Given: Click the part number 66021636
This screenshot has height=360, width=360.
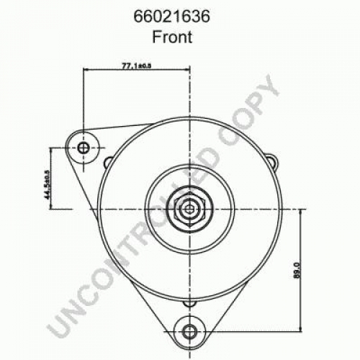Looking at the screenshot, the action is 172,17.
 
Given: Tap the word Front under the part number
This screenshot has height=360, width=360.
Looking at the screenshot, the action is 172,37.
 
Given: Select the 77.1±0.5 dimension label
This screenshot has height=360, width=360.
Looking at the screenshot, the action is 137,66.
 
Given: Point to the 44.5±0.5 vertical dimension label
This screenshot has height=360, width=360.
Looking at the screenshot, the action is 47,185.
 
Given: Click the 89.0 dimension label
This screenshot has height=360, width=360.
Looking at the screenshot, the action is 297,270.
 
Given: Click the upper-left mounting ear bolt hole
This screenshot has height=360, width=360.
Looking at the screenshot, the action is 84,148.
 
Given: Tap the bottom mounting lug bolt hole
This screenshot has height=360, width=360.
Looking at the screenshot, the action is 190,332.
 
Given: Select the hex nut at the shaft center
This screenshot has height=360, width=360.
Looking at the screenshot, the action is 190,210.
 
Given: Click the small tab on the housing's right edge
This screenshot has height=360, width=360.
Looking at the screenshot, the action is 273,161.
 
